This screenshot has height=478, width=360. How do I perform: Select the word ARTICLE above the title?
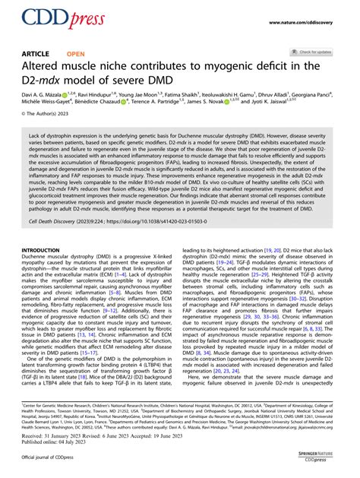tap(38, 54)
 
